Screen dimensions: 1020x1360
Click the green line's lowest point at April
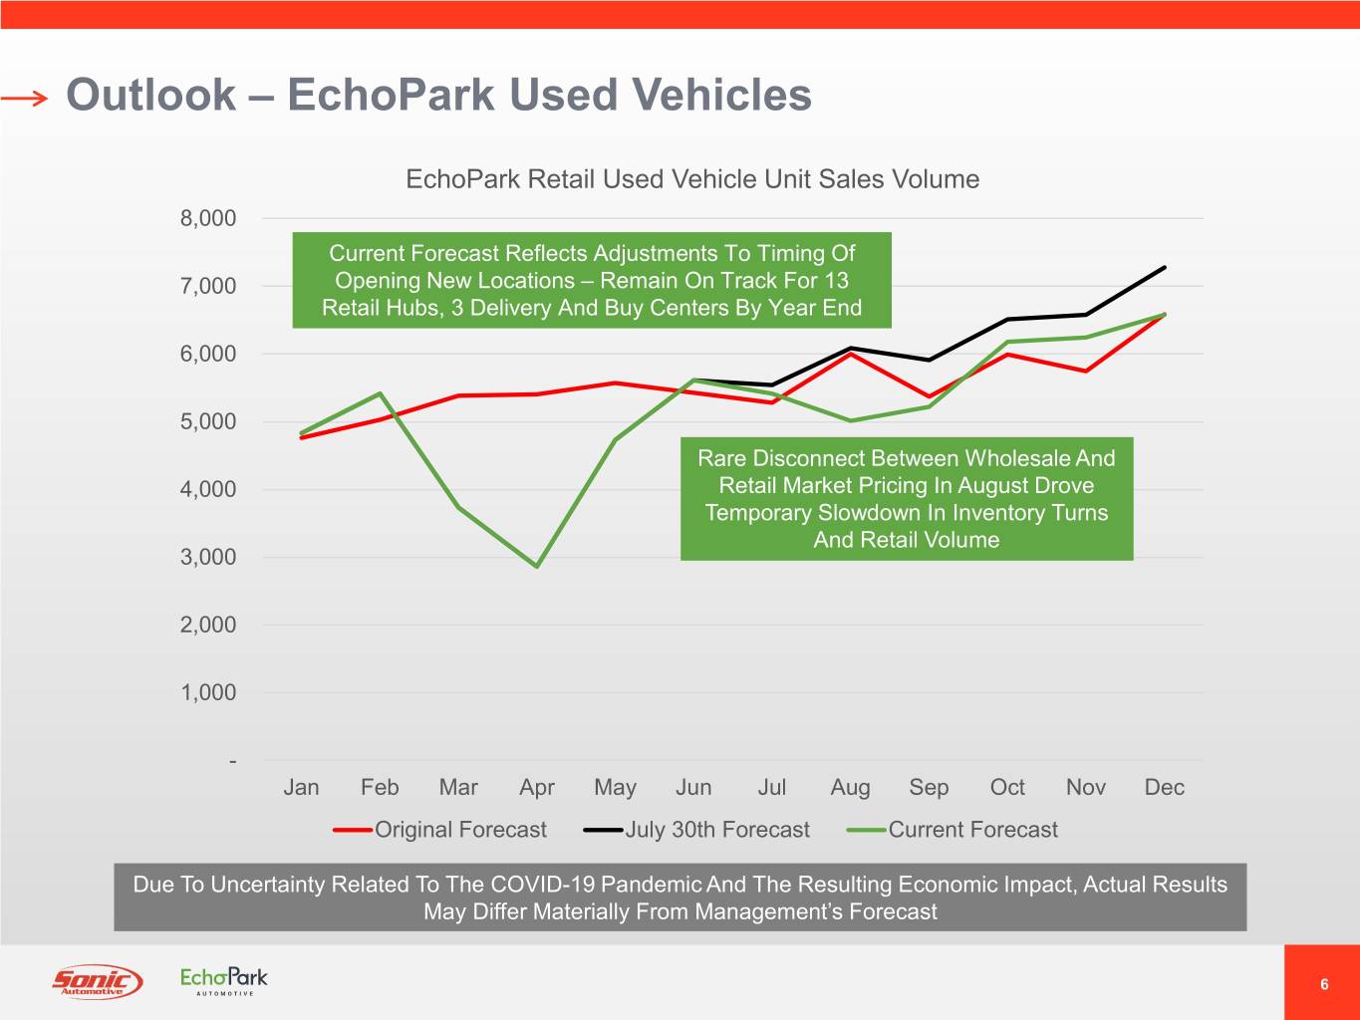[537, 566]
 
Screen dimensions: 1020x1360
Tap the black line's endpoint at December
[1164, 267]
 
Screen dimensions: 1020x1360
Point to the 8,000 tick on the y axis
[208, 218]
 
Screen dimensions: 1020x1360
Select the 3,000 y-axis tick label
[208, 557]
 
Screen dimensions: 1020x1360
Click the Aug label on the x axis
[850, 787]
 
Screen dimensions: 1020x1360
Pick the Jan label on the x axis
[301, 787]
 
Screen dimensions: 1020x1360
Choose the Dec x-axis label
[1164, 787]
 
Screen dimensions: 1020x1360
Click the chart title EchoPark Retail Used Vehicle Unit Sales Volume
[692, 179]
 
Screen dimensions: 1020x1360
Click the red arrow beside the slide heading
[24, 98]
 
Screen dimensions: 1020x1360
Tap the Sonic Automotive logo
[97, 982]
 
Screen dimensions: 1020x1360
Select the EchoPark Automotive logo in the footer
[224, 980]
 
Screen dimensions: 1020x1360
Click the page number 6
[1324, 984]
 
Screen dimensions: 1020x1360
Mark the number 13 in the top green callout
[836, 281]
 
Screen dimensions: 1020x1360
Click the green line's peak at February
[380, 393]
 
